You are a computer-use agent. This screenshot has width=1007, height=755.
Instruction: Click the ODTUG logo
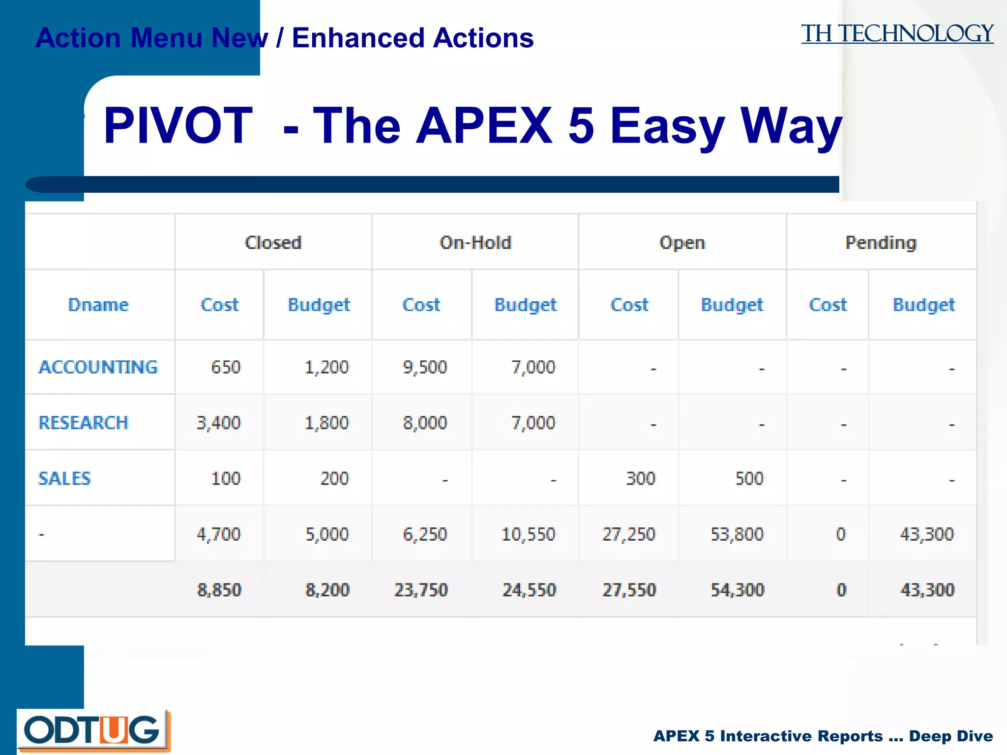[x=93, y=730]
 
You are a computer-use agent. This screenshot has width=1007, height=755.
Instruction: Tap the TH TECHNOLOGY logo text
[x=897, y=34]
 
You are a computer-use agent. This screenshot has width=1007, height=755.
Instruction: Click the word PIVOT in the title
[x=178, y=126]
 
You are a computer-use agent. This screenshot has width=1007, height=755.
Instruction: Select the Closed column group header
[x=273, y=243]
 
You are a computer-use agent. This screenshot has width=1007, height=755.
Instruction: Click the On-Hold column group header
[x=475, y=243]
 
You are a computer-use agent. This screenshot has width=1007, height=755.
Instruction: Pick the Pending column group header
[x=881, y=243]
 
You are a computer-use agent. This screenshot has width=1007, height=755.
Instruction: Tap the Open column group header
[x=682, y=243]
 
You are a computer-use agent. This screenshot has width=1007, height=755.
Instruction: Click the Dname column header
[x=98, y=305]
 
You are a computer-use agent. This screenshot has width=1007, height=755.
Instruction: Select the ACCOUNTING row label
[x=98, y=367]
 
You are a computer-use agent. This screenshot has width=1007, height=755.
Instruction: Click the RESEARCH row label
[x=84, y=423]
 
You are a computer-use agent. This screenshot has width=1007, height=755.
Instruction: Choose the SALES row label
[x=65, y=478]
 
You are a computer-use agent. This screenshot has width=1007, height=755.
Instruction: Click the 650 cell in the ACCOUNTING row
[x=226, y=367]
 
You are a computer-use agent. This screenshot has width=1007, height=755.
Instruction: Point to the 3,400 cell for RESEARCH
[x=219, y=423]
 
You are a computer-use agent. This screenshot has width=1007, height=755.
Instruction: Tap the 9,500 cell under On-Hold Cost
[x=425, y=367]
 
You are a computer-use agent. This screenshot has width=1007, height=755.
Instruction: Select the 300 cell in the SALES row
[x=640, y=478]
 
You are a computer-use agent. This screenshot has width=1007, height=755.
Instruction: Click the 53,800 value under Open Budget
[x=737, y=534]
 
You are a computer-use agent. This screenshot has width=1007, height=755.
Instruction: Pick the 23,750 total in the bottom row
[x=421, y=590]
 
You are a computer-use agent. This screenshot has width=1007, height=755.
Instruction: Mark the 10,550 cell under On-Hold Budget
[x=528, y=534]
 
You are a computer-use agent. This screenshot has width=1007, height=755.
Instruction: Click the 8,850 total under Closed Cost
[x=219, y=590]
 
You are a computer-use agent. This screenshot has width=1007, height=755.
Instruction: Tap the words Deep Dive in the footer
[x=950, y=736]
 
